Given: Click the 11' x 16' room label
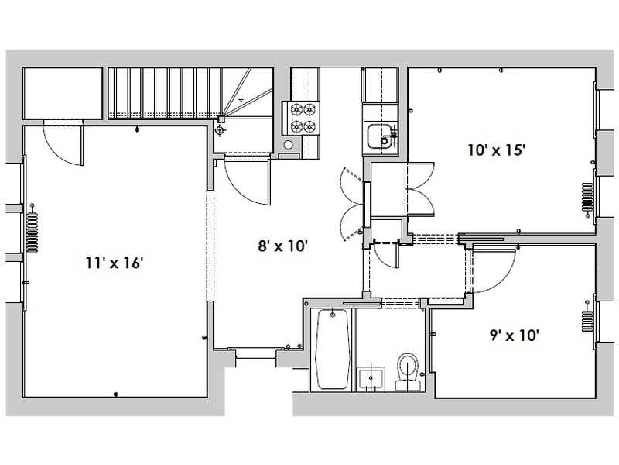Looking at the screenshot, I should [x=115, y=263].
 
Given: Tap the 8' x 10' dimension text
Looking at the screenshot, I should [x=283, y=247].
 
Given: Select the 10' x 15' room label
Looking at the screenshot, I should [x=497, y=150].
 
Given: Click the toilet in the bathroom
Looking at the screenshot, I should [x=407, y=370].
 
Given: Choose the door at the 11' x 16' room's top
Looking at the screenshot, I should [x=62, y=143].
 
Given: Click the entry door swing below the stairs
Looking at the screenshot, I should [x=244, y=180].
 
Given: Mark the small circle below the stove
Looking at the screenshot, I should [x=288, y=144].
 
